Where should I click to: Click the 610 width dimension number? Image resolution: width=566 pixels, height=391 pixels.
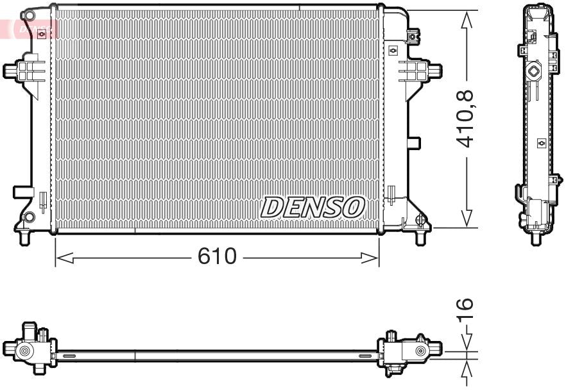pos(217,258)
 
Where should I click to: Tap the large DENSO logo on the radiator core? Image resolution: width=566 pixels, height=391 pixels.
pos(313,207)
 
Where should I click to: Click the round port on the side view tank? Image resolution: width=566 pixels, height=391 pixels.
pos(532,71)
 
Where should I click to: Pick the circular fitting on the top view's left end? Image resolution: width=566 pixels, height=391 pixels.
pos(24,351)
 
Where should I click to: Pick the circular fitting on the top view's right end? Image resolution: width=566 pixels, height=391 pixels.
pos(420,351)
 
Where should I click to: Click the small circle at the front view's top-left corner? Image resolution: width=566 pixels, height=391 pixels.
pos(27,14)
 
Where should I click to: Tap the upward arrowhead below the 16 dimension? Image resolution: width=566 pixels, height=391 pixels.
pos(467,372)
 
